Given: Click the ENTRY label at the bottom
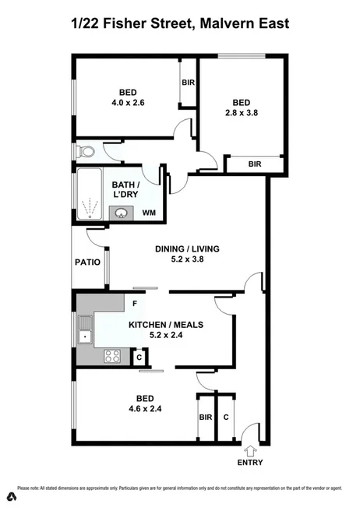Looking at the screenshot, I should tap(250, 463).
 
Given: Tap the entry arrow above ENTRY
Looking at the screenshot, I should tap(250, 449).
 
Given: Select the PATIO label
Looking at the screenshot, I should tap(87, 263).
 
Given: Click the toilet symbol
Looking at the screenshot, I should tap(85, 150).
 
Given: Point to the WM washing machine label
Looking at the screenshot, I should tap(149, 213).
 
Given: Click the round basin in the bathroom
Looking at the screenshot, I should tap(122, 213).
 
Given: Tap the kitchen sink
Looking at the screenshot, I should tap(84, 337).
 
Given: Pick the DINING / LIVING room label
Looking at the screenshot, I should tap(187, 249).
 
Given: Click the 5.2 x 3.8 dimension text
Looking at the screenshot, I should tap(187, 260).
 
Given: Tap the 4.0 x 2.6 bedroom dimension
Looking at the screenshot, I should tap(127, 100).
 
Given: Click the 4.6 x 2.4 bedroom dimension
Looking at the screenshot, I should tap(139, 407).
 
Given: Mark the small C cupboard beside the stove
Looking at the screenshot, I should tap(139, 358).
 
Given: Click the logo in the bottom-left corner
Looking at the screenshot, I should tap(11, 496).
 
